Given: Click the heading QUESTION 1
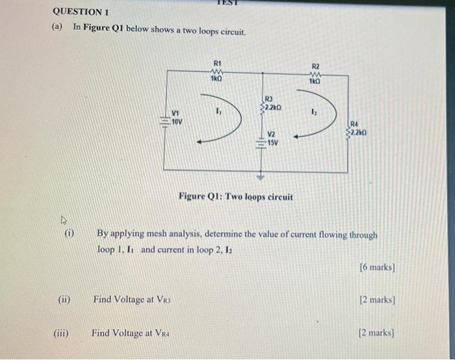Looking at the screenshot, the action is pyautogui.click(x=81, y=12).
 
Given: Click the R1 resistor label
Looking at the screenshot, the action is pyautogui.click(x=217, y=63).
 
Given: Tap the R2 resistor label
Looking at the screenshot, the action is pyautogui.click(x=316, y=66).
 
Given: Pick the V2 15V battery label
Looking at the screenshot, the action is pyautogui.click(x=271, y=137).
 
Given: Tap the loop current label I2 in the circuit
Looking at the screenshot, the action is pyautogui.click(x=314, y=112).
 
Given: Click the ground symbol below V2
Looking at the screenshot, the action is pyautogui.click(x=263, y=175).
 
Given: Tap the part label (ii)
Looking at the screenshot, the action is pyautogui.click(x=64, y=300).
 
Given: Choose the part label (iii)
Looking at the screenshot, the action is pyautogui.click(x=62, y=333).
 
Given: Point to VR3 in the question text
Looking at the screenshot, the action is pyautogui.click(x=162, y=300).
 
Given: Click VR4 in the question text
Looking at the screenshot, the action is pyautogui.click(x=161, y=333).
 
